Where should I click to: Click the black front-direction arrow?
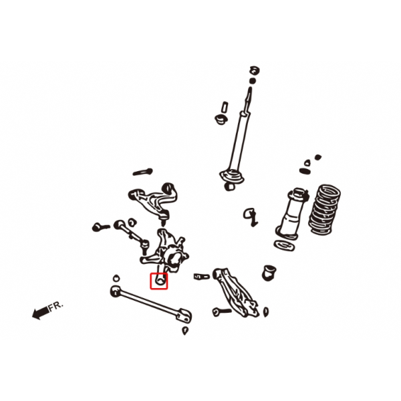[x=41, y=313]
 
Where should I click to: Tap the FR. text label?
[x=56, y=306]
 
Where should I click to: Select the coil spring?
[x=324, y=209]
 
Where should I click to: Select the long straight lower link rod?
[x=151, y=303]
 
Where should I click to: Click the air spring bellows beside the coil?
[x=292, y=214]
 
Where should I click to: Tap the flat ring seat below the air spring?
[x=284, y=246]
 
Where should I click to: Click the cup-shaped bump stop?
[x=269, y=273]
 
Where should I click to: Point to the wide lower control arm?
[x=235, y=292]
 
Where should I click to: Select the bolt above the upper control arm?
[x=143, y=172]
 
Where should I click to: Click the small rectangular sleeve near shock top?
[x=225, y=107]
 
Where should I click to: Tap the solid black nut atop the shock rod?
[x=253, y=81]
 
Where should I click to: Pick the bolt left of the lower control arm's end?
[x=222, y=311]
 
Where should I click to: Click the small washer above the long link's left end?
[x=116, y=278]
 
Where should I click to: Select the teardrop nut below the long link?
[x=185, y=331]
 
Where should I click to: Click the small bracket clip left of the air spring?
[x=251, y=217]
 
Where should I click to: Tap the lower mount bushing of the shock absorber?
[x=230, y=186]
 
